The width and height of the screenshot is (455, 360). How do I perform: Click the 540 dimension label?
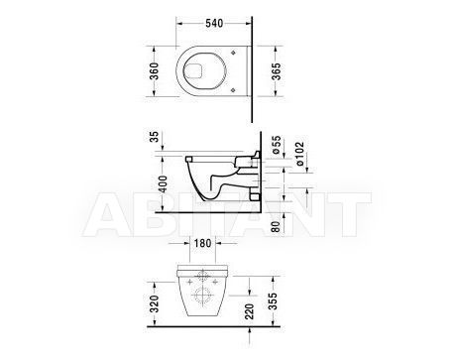(x=214, y=23)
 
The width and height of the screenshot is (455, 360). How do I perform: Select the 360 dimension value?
(x=154, y=71)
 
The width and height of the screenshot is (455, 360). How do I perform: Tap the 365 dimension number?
(x=276, y=71)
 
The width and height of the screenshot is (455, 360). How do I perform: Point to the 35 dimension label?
(x=155, y=136)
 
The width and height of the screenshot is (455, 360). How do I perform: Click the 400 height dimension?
(x=164, y=184)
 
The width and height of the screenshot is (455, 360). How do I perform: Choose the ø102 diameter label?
(x=299, y=154)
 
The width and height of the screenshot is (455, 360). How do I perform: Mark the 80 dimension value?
(x=276, y=226)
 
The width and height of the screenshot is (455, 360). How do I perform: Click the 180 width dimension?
(x=202, y=243)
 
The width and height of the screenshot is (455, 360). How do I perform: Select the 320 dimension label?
(x=154, y=304)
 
